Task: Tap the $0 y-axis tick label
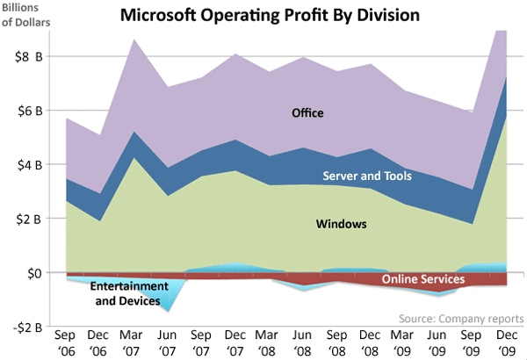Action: point(32,273)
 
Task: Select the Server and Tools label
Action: point(367,176)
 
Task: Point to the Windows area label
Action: point(341,225)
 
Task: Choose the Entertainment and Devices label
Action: point(127,294)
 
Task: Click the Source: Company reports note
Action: point(460,318)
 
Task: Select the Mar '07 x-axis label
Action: point(133,342)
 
